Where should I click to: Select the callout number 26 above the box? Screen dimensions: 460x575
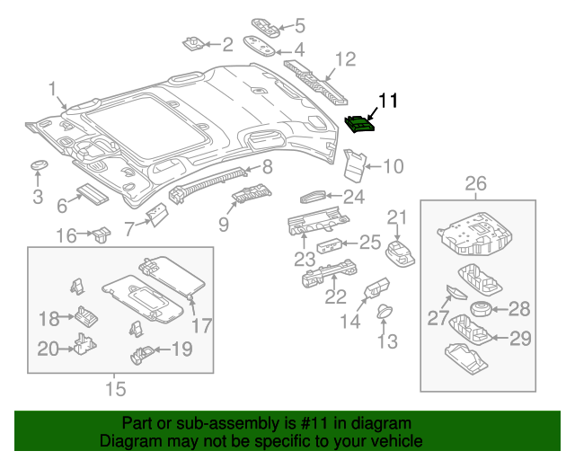point(475,184)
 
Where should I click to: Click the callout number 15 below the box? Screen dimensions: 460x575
point(115,389)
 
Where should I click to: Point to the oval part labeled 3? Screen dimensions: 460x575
point(39,167)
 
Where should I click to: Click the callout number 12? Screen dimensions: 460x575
point(345,60)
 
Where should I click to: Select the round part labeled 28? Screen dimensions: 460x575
point(482,310)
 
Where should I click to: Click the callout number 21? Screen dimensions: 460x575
point(397,217)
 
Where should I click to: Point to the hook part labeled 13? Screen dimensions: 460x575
point(385,313)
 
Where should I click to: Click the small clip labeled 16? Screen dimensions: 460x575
point(99,235)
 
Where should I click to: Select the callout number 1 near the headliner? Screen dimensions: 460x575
point(53,88)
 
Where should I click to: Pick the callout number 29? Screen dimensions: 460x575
point(520,338)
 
